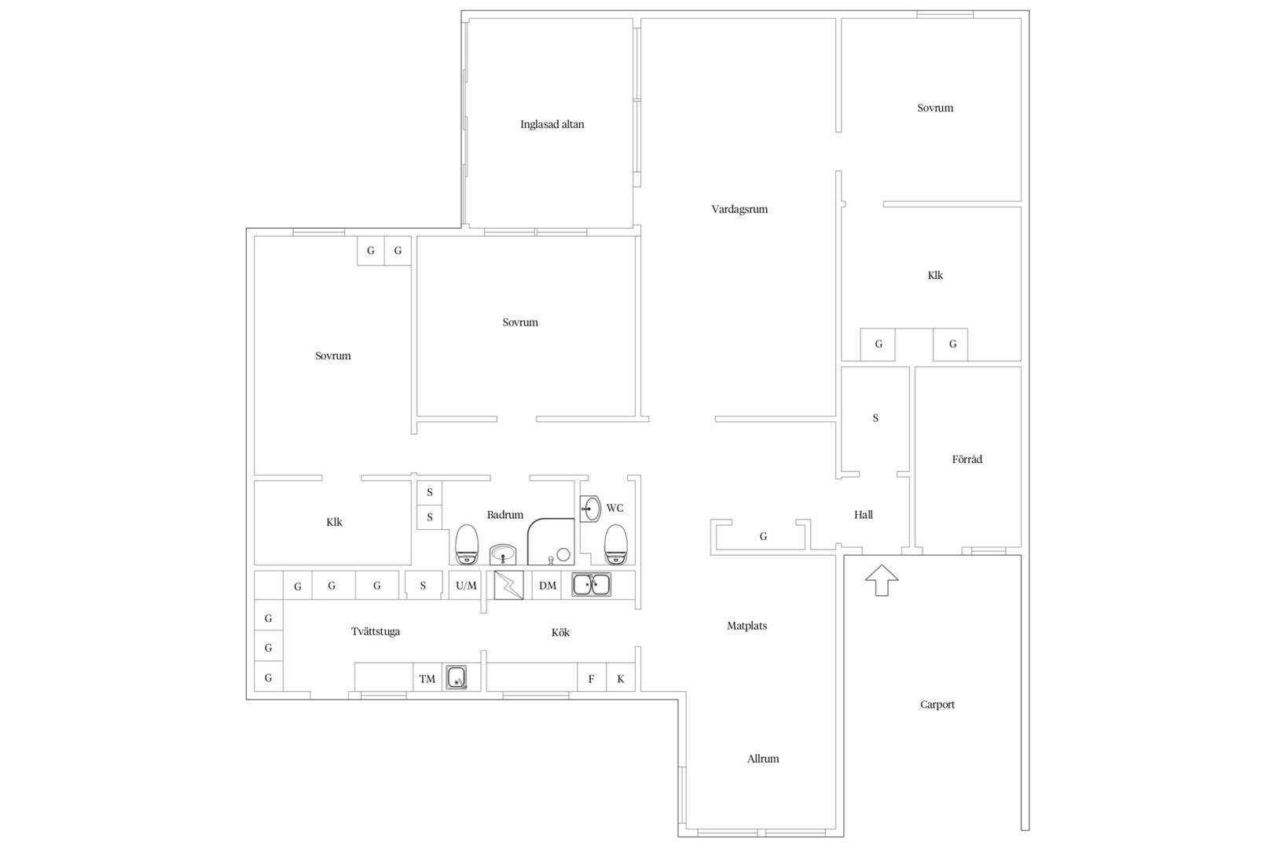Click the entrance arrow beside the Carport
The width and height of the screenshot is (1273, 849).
882,580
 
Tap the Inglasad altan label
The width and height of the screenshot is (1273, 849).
552,124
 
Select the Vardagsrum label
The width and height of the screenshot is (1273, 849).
739,209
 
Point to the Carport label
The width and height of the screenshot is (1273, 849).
937,704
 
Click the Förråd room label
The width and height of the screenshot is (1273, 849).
967,459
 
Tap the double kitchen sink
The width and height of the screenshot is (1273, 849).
591,585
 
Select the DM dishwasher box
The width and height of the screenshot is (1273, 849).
547,585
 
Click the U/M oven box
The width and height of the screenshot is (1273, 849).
466,585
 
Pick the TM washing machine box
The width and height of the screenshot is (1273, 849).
427,678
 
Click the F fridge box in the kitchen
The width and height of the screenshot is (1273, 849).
592,678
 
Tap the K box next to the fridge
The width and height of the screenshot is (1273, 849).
621,678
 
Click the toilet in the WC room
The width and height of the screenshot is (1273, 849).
615,544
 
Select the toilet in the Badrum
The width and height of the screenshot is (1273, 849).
467,544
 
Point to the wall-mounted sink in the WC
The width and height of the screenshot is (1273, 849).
590,509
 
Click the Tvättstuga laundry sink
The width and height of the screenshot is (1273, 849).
456,678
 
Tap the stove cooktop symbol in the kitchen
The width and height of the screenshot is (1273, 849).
508,585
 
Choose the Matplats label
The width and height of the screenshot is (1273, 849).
747,626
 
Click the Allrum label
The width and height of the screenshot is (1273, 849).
763,759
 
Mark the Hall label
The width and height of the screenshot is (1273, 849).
864,515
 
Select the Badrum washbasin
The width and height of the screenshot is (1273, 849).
503,554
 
